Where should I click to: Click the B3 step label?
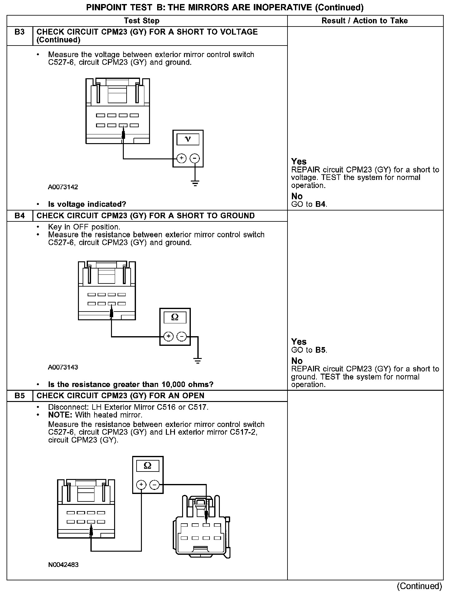[20, 32]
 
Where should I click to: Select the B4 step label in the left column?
[20, 216]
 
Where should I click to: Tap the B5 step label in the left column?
[20, 396]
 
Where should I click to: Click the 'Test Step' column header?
[142, 21]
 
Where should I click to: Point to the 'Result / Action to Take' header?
[365, 21]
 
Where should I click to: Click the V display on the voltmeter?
[188, 139]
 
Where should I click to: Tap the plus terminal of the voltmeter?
[181, 158]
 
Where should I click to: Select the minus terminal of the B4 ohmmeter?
[181, 336]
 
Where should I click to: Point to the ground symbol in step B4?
[198, 361]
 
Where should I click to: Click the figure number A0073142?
[63, 187]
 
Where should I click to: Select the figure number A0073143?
[63, 367]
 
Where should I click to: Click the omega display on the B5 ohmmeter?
[148, 466]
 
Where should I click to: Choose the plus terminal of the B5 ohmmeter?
[141, 485]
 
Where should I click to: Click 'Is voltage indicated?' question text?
[87, 204]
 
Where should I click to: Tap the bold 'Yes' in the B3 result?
[299, 162]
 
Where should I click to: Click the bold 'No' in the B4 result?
[297, 361]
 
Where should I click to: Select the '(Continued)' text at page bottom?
[419, 586]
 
